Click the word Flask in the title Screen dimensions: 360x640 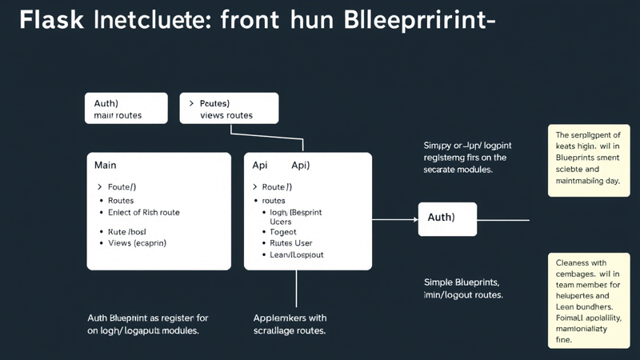(x=53, y=22)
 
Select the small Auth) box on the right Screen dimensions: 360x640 (x=447, y=218)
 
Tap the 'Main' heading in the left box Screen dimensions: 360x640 (x=105, y=166)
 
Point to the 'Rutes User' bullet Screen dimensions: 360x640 (x=291, y=243)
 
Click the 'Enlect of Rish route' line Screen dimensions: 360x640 (x=144, y=213)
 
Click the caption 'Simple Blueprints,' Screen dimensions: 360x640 (x=462, y=282)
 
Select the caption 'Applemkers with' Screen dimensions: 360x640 (x=290, y=318)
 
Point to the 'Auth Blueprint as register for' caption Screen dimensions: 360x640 (x=147, y=318)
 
